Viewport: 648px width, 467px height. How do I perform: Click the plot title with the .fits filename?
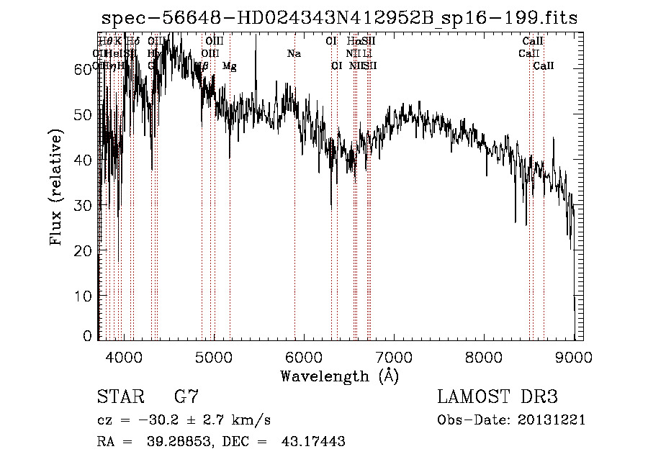click(x=338, y=18)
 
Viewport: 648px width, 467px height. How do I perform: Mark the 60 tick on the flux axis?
click(x=85, y=68)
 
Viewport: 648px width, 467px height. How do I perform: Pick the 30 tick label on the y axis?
click(x=85, y=205)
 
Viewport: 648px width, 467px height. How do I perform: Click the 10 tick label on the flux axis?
click(x=85, y=296)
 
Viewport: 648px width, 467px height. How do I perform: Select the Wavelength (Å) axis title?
click(x=339, y=375)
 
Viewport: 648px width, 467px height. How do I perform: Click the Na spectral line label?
click(x=294, y=53)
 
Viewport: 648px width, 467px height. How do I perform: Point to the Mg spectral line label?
click(x=230, y=65)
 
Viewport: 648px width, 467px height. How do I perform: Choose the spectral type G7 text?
click(x=186, y=397)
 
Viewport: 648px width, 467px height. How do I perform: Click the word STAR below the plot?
click(x=120, y=397)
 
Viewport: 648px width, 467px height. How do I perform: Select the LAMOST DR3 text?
click(x=498, y=397)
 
